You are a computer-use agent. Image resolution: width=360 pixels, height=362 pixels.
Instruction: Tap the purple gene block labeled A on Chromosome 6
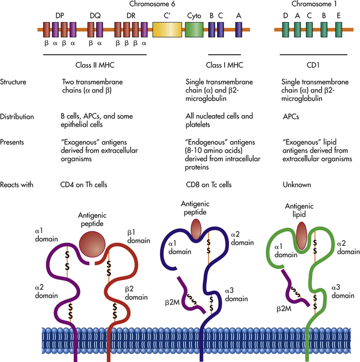[x=238, y=30]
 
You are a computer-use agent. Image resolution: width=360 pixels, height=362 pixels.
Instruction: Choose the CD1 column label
[x=313, y=64]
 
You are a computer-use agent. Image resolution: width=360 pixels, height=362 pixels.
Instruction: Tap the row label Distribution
[x=18, y=117]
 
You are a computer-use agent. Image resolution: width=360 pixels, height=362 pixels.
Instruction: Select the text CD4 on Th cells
[x=89, y=184]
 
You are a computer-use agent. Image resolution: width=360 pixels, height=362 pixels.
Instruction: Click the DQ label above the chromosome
[x=95, y=16]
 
